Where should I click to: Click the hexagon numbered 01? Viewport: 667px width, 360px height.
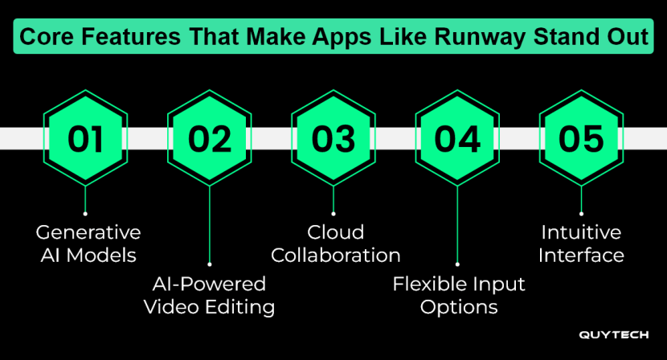click(86, 138)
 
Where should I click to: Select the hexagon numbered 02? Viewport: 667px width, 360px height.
click(210, 138)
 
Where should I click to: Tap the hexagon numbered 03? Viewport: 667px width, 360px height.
click(333, 138)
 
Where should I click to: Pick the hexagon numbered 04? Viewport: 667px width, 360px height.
click(457, 138)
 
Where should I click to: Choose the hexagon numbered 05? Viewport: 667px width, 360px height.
click(581, 138)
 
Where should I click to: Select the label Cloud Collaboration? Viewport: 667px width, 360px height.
click(336, 244)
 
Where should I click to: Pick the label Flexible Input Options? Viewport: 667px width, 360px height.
click(459, 295)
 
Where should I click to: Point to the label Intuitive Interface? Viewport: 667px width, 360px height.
click(581, 244)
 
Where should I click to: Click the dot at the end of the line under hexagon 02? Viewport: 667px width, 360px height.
click(210, 263)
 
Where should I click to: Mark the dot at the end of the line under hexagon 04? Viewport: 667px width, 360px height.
click(457, 263)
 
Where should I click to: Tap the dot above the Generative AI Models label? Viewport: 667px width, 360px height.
click(86, 213)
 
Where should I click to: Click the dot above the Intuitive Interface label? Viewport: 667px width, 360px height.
click(581, 213)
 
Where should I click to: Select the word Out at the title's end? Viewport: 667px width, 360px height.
click(630, 37)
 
